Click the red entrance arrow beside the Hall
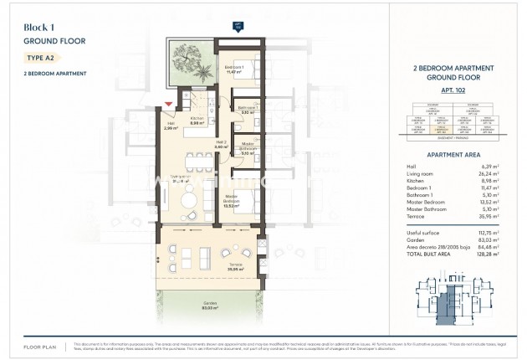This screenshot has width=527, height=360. pos(170,104)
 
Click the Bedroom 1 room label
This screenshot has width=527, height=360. pos(233,69)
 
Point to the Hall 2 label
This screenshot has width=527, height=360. pos(221,145)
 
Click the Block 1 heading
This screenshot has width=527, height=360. pos(38,27)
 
